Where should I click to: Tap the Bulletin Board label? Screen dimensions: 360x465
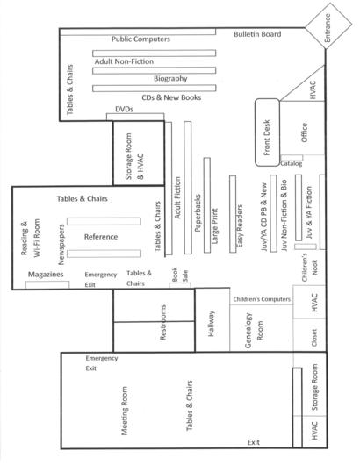[x=257, y=34]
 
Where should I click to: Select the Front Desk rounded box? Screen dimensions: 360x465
[x=267, y=132]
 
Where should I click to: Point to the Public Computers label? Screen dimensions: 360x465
[x=140, y=39]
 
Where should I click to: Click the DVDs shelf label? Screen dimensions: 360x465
[x=124, y=109]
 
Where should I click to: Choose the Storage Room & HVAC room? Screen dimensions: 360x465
[x=139, y=154]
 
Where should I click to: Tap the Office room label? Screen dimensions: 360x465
[x=304, y=132]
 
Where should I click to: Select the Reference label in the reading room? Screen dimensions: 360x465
[x=101, y=237]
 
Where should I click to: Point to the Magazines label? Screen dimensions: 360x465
[x=46, y=275]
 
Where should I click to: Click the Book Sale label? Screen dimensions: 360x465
[x=180, y=275]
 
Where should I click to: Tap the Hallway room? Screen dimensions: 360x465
[x=212, y=319]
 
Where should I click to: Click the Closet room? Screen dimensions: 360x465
[x=310, y=335]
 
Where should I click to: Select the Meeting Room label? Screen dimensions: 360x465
[x=125, y=411]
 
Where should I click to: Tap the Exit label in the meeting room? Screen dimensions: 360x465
[x=254, y=442]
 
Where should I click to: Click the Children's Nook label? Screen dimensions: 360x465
[x=310, y=268]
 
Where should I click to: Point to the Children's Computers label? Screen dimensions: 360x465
[x=262, y=299]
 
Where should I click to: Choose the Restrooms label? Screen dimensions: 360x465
[x=163, y=322]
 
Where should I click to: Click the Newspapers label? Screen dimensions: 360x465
[x=61, y=245]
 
